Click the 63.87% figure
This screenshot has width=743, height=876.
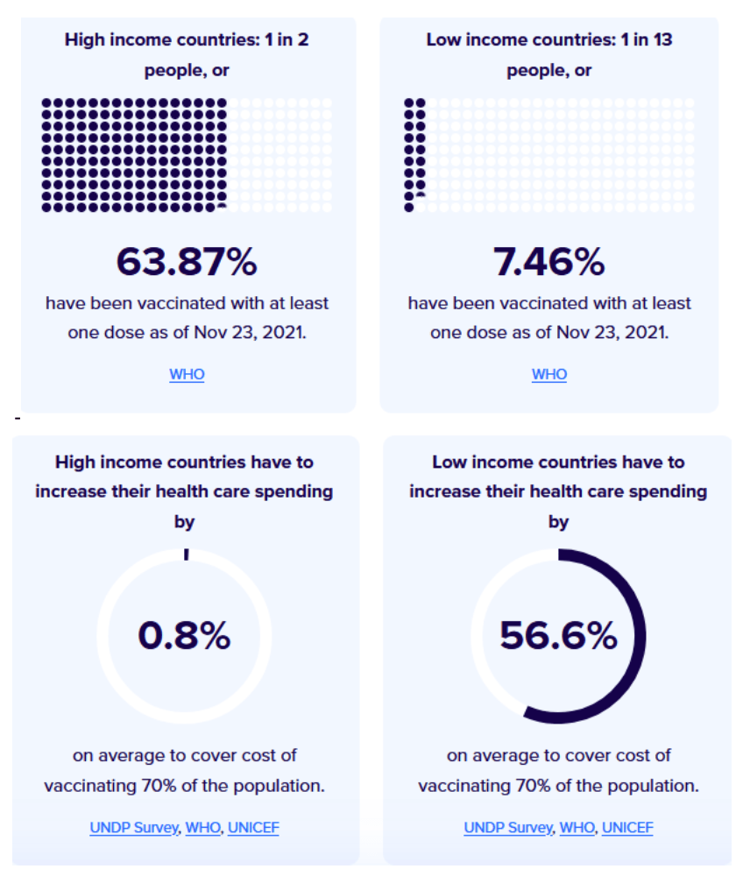pos(187,261)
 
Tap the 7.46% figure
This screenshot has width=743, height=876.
pos(549,261)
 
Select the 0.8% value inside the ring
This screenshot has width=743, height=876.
pos(184,636)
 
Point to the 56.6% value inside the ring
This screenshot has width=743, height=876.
pos(558,636)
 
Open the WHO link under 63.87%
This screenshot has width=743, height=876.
pos(187,375)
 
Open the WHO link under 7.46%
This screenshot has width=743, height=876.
pos(549,375)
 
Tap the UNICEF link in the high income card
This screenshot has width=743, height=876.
pos(253,827)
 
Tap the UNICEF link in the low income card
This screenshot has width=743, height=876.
pos(627,827)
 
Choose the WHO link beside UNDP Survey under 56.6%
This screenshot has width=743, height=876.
pos(577,827)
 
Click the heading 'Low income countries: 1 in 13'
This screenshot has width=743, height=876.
pos(549,40)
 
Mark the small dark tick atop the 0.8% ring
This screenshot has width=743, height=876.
pos(186,554)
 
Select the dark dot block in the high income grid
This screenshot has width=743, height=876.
pos(134,155)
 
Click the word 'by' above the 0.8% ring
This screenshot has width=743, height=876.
pos(184,522)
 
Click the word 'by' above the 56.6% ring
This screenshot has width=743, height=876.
pos(558,522)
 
